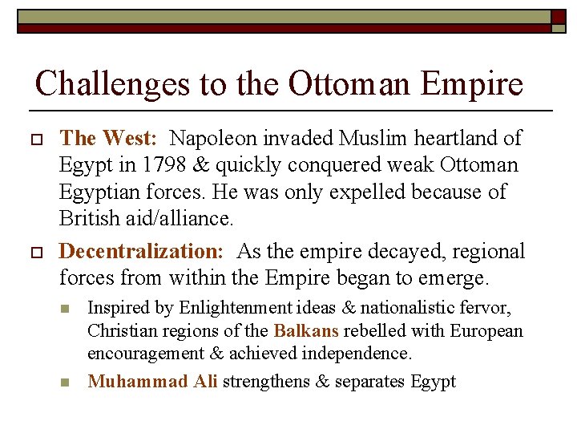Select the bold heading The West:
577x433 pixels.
(107, 139)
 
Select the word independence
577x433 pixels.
(362, 354)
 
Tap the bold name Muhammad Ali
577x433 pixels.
(152, 381)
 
